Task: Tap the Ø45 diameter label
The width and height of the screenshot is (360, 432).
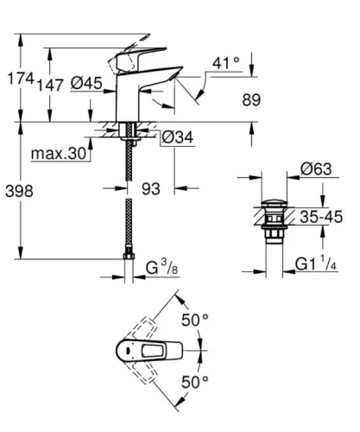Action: pos(88,83)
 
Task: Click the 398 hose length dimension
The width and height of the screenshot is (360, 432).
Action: pos(19,191)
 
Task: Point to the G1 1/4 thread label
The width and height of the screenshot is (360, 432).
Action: pos(317,262)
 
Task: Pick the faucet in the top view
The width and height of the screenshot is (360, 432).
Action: pos(138,351)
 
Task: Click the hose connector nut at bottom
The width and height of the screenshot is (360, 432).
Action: pos(130,256)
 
